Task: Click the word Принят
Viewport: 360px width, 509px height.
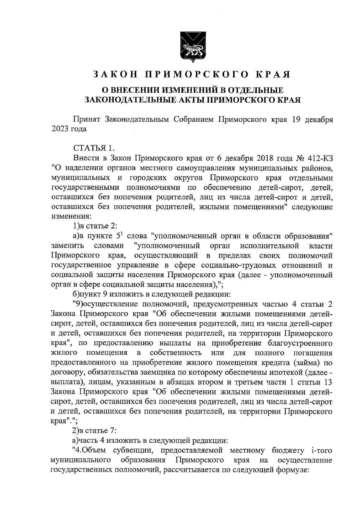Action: click(86, 119)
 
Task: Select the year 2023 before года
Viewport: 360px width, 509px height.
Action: click(60, 129)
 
